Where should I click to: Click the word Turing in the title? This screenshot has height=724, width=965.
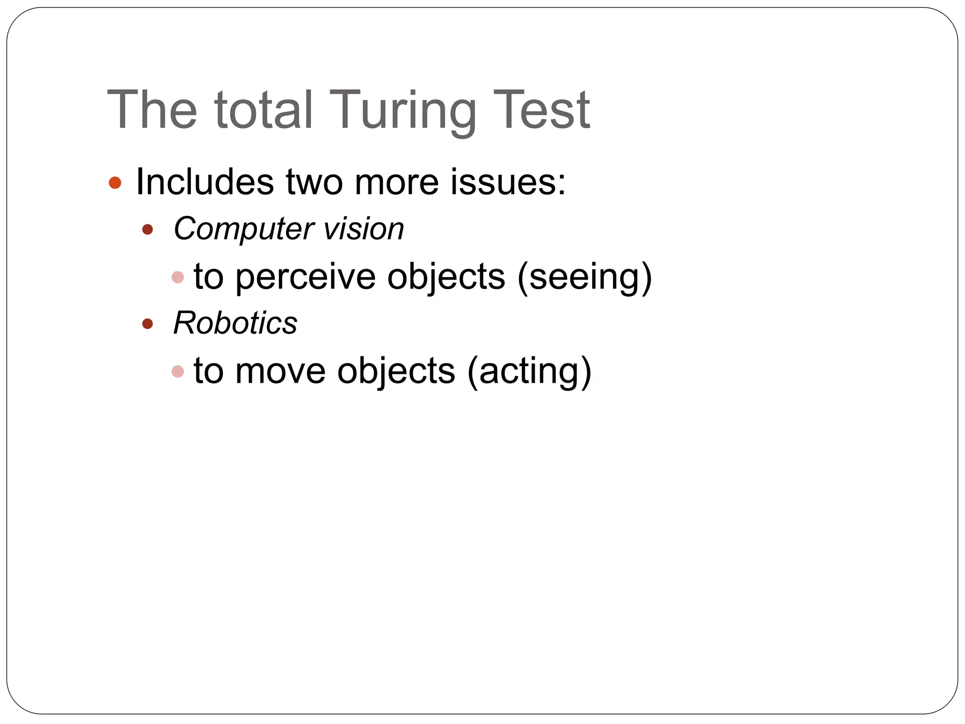coord(402,111)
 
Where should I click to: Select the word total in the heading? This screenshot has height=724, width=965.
coord(263,110)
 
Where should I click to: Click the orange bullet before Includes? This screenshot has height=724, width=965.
coord(115,182)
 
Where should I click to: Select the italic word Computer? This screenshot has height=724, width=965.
coord(243,230)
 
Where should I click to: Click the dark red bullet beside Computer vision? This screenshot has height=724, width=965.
coord(147,230)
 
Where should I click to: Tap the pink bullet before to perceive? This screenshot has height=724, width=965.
coord(178,277)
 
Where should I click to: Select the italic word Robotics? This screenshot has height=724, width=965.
coord(235,323)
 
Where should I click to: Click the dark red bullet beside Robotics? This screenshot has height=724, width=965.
coord(147,324)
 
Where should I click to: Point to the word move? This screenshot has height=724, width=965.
coord(280,371)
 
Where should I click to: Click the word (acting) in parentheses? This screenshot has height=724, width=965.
coord(529,371)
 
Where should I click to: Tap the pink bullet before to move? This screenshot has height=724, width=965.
coord(178,371)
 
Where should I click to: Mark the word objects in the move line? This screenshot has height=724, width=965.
coord(396,371)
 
